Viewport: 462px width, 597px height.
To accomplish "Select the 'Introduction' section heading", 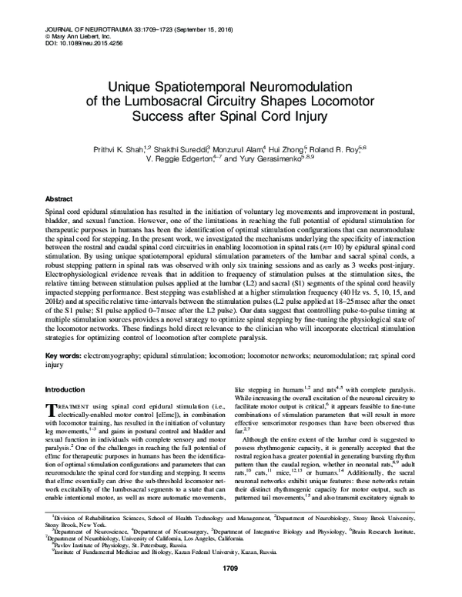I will click(x=67, y=390).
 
